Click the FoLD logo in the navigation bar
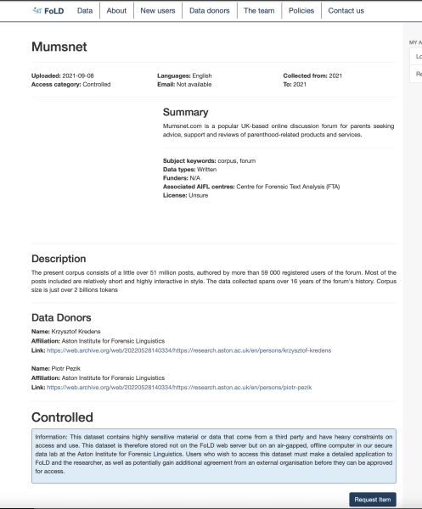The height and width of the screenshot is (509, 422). pos(48,10)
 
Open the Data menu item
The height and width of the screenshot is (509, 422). pos(85,10)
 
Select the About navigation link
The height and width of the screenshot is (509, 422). pos(116,10)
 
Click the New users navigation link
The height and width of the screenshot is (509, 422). pos(157,10)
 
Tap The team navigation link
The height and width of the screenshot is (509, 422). pos(258,10)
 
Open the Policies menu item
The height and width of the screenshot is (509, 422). pos(300,10)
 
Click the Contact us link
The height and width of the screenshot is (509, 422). pos(346,10)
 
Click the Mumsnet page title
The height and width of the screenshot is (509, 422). pos(61,48)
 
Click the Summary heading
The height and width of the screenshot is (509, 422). pos(185,111)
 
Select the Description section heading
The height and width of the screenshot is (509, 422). pos(64,258)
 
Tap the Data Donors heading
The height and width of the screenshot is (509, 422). pos(67,317)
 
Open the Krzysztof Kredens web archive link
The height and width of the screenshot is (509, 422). pos(188,350)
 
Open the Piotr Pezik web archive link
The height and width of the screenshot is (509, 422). pos(180,387)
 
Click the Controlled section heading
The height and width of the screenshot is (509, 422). pos(62,417)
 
